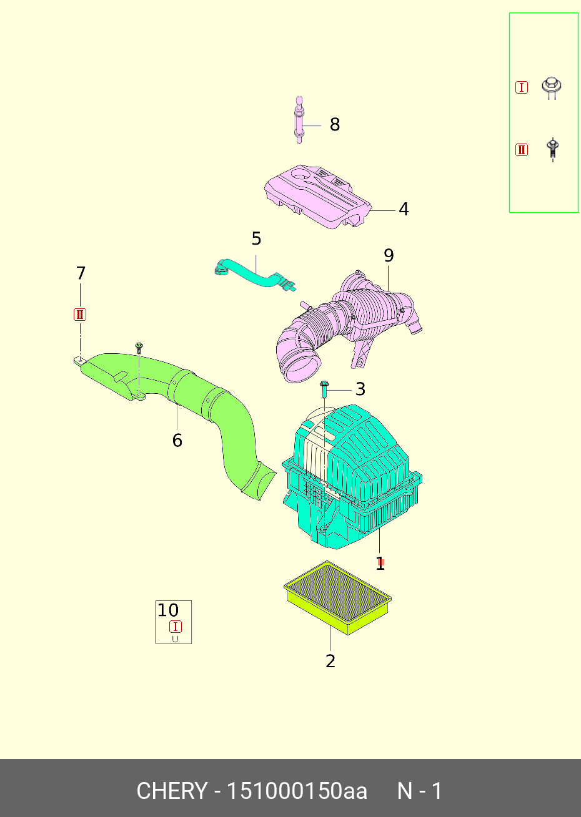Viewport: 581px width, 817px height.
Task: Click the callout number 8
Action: [x=334, y=124]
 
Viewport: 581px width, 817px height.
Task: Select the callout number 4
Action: [x=404, y=209]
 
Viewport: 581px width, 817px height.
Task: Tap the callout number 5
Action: [x=256, y=239]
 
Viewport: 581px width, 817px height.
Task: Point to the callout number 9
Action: [x=389, y=256]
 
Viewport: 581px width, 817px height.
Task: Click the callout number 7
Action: [x=81, y=273]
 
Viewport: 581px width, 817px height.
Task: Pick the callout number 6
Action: [x=177, y=441]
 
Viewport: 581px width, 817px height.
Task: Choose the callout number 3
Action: [x=360, y=389]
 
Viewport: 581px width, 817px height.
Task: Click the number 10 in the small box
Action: [x=168, y=610]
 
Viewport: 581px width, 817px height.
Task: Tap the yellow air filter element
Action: [x=338, y=598]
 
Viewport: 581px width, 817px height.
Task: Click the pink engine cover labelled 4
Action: [x=318, y=197]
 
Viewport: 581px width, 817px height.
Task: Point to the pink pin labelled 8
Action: [x=299, y=120]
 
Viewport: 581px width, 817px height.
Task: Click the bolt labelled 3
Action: [x=324, y=389]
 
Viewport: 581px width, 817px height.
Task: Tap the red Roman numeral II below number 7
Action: [x=80, y=315]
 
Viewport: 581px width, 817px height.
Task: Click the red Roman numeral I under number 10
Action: [x=176, y=627]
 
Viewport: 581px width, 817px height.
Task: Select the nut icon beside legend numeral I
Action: [x=552, y=87]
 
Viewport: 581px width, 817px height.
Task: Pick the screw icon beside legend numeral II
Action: [x=552, y=150]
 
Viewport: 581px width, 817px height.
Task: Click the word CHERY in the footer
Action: [x=172, y=791]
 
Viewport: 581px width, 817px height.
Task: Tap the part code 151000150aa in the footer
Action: [x=297, y=791]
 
